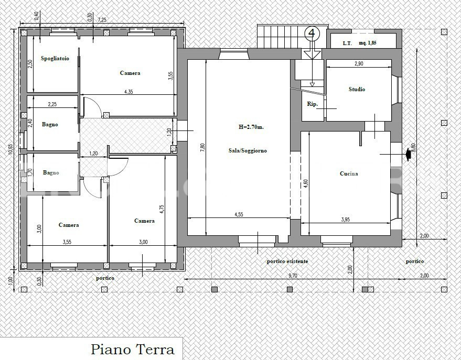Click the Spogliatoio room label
click(55, 59)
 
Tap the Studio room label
click(357, 89)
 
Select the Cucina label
click(349, 173)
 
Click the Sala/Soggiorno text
click(248, 150)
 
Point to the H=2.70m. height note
click(251, 127)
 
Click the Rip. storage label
click(312, 104)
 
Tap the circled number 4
click(312, 34)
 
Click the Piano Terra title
click(133, 350)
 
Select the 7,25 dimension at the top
click(102, 20)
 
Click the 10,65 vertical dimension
click(10, 149)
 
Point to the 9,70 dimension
click(293, 276)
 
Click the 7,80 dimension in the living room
click(202, 148)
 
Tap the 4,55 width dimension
click(239, 214)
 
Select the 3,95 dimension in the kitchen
click(346, 220)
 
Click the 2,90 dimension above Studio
click(359, 64)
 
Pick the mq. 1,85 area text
click(368, 43)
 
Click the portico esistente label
click(287, 261)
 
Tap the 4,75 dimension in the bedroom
click(162, 210)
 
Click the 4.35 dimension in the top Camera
click(128, 92)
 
